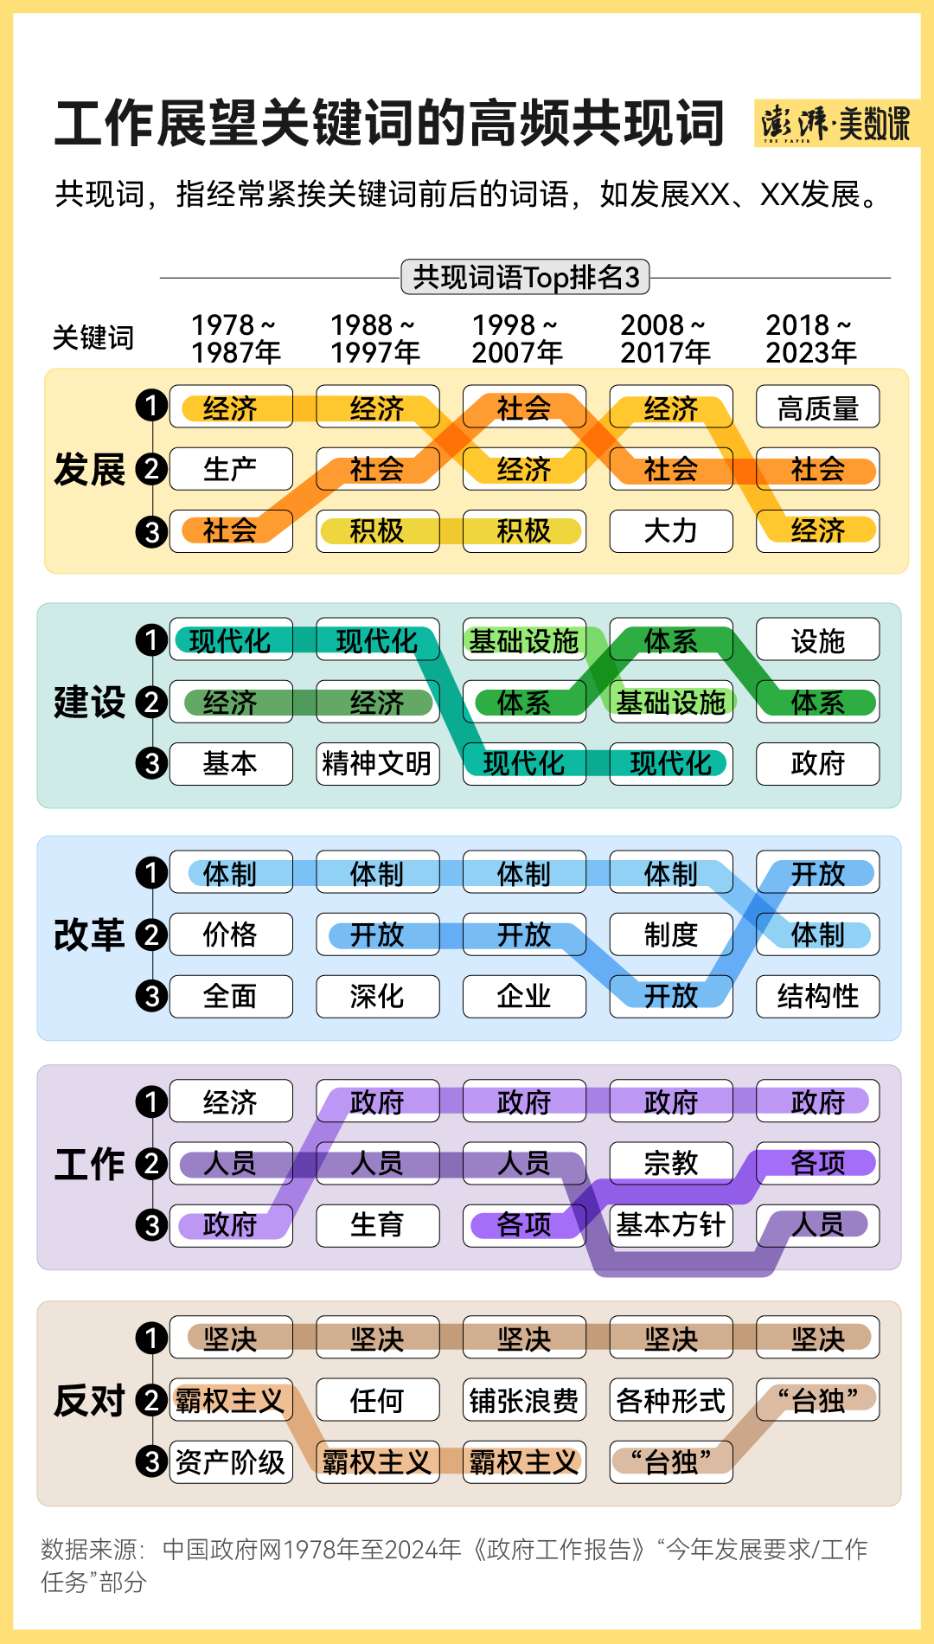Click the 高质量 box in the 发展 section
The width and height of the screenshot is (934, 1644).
(x=817, y=407)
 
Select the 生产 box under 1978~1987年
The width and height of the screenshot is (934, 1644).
(x=231, y=469)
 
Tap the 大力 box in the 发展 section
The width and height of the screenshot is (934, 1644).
(x=671, y=530)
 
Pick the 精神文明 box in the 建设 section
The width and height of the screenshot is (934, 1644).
(x=377, y=763)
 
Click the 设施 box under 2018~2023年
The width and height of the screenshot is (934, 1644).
(x=817, y=640)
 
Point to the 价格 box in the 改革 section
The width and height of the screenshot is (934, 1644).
(x=231, y=934)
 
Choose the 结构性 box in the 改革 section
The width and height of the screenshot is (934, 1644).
(x=817, y=996)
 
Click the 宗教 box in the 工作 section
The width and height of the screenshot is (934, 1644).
(x=671, y=1163)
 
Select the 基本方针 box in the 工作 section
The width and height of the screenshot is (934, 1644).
(x=671, y=1224)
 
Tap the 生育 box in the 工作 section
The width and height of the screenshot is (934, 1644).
(x=377, y=1224)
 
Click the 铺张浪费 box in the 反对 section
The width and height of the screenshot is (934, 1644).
(x=524, y=1400)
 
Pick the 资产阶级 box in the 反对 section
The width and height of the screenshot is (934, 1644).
(x=231, y=1461)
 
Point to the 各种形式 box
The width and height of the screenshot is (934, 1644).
(x=671, y=1400)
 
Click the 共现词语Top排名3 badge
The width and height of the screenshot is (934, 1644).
(x=525, y=278)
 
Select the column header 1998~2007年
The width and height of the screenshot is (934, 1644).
(x=517, y=338)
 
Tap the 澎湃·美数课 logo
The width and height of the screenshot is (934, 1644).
(x=835, y=124)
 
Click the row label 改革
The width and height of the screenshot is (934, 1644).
(x=89, y=934)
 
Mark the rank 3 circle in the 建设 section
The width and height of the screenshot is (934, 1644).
(x=151, y=763)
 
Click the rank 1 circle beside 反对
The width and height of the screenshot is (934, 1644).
(x=151, y=1339)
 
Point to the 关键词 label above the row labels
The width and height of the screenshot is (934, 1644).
(x=93, y=337)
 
